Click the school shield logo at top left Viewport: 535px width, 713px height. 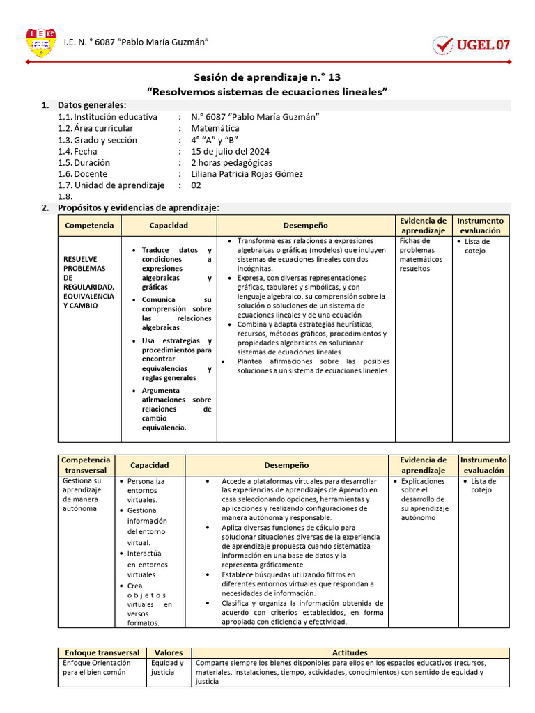coord(40,42)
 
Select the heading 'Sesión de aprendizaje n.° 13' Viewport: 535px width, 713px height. coord(267,77)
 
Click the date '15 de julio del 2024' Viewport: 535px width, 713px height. coord(230,151)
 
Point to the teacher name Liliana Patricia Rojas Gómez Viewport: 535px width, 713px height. coord(247,174)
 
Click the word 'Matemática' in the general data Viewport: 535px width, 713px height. coord(215,128)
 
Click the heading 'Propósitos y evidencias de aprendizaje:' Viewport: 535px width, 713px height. coord(138,207)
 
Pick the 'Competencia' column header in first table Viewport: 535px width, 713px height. coord(89,226)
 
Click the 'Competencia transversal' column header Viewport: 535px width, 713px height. coord(86,464)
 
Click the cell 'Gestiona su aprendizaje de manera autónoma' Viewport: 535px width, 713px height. coord(82,494)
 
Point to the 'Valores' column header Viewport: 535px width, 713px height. coord(169,652)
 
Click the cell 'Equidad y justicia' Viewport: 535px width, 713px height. coord(167,668)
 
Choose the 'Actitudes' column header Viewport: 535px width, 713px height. coord(350,652)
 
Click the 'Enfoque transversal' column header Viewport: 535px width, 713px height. coord(102,652)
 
